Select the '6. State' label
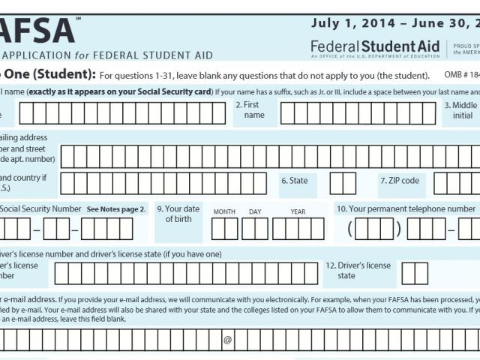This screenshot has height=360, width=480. tap(294, 181)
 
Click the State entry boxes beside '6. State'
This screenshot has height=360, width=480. tap(343, 183)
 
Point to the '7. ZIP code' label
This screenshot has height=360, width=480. tap(399, 181)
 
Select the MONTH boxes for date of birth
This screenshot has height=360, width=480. tap(224, 228)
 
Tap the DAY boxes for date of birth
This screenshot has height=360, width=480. tap(255, 228)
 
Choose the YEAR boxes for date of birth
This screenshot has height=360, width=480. tap(298, 228)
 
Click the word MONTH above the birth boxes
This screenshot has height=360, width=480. tap(224, 212)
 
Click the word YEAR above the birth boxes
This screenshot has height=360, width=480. tap(298, 212)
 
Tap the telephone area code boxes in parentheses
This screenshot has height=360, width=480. tap(373, 228)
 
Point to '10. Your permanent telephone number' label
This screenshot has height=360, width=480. tap(405, 209)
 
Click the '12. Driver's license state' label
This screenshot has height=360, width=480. tap(364, 271)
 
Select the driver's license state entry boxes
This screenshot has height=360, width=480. tap(415, 273)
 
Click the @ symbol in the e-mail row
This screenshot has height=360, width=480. tap(227, 340)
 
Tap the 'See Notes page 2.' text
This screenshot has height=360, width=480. tap(116, 209)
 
